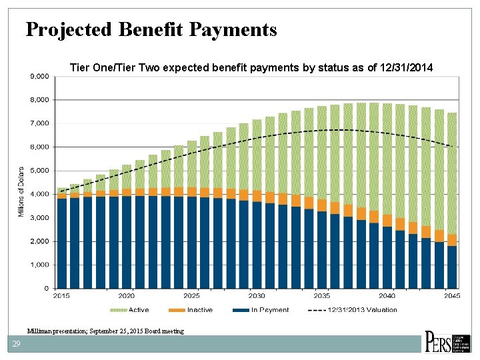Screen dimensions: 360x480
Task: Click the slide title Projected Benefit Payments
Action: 151,29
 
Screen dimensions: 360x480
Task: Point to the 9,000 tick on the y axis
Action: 40,77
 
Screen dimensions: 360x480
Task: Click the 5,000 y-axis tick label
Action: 40,171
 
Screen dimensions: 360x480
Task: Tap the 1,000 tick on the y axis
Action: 40,265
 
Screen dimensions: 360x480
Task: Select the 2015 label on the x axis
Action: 61,295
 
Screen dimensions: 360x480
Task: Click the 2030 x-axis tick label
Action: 257,295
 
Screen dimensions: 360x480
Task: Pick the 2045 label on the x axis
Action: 452,295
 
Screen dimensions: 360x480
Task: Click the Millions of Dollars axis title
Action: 21,191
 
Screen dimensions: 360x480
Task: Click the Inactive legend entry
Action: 199,309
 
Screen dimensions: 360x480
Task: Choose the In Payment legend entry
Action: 269,309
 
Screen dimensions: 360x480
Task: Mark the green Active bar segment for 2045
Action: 452,173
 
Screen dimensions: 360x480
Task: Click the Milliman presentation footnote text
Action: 105,331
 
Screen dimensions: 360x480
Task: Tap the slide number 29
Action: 15,344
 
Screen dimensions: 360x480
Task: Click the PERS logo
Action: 448,341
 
